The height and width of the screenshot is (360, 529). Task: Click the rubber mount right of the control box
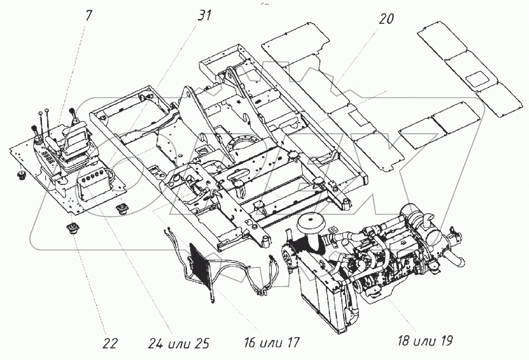click(121, 208)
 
